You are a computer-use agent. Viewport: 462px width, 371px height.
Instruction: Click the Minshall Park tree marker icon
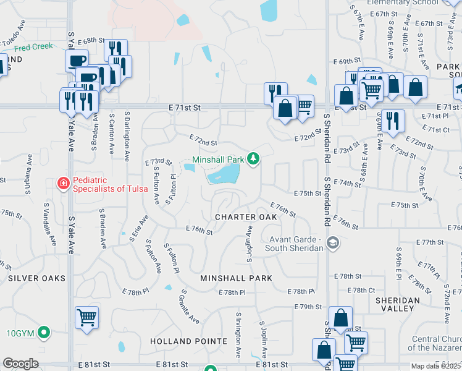(253, 159)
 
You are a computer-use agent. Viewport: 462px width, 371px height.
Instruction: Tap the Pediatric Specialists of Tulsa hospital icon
(63, 183)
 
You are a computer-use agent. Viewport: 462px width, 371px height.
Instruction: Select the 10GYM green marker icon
(43, 333)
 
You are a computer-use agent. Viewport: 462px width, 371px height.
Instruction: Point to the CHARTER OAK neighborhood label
(246, 217)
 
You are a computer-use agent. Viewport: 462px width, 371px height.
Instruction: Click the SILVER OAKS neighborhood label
(36, 278)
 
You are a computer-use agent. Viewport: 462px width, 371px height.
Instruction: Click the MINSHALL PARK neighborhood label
(236, 278)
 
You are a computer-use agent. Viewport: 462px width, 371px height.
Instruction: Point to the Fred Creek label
(30, 48)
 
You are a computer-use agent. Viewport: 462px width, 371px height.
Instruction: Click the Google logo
(20, 364)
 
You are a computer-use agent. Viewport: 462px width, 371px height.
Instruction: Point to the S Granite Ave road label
(190, 306)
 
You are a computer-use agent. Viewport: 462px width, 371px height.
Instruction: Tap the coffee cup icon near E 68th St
(78, 61)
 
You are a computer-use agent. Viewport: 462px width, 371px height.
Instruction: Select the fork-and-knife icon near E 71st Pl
(392, 119)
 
